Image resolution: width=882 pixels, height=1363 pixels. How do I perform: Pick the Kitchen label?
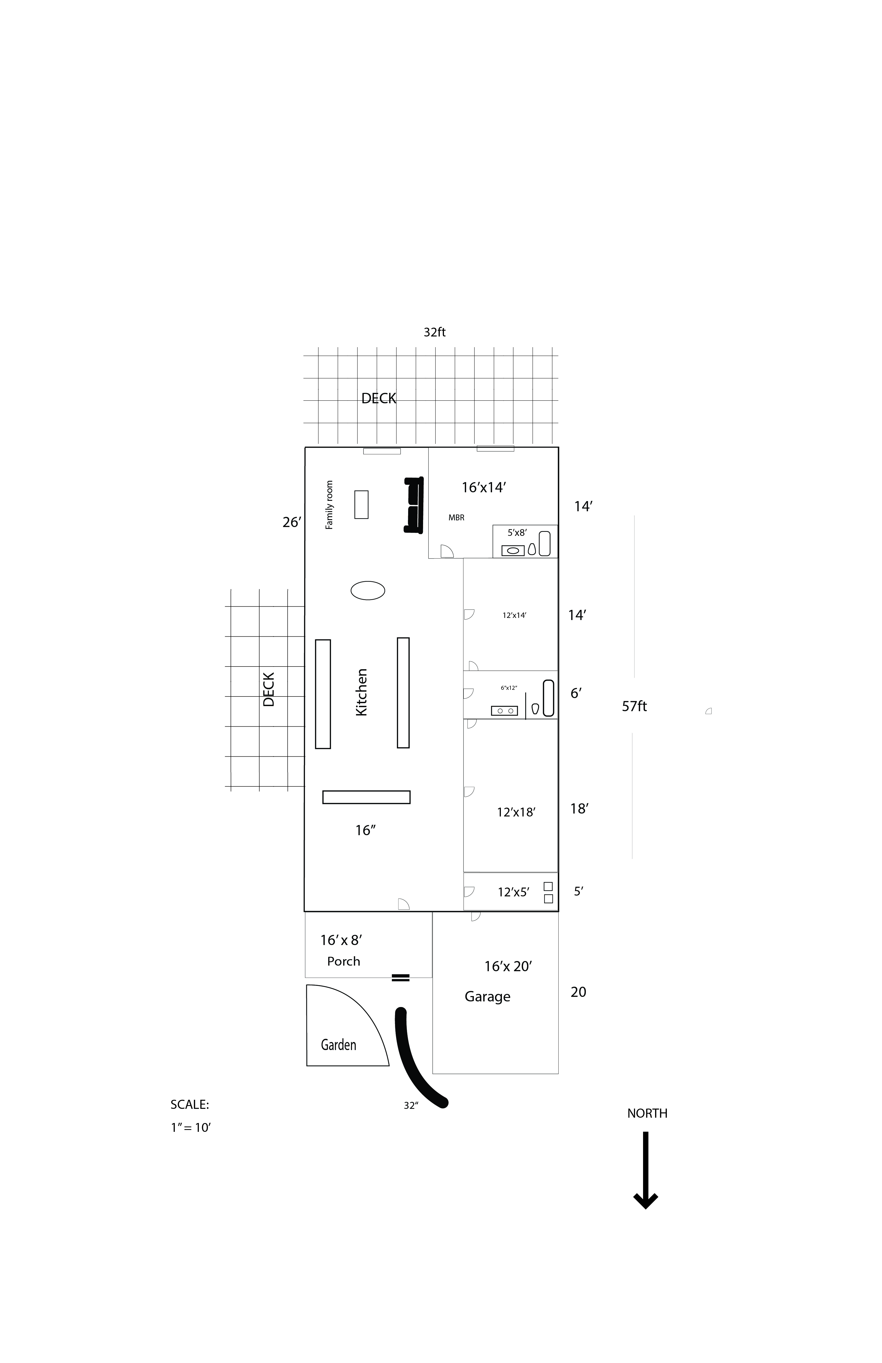pos(361,692)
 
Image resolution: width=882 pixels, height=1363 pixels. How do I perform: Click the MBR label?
pos(457,518)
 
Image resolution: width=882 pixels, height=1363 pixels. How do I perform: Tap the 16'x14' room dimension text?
pos(484,487)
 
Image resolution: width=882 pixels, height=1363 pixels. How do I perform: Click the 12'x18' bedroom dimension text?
pos(516,812)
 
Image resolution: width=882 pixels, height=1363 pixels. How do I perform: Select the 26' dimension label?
pos(292,522)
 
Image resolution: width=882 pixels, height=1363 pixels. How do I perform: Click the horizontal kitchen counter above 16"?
pos(366,797)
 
